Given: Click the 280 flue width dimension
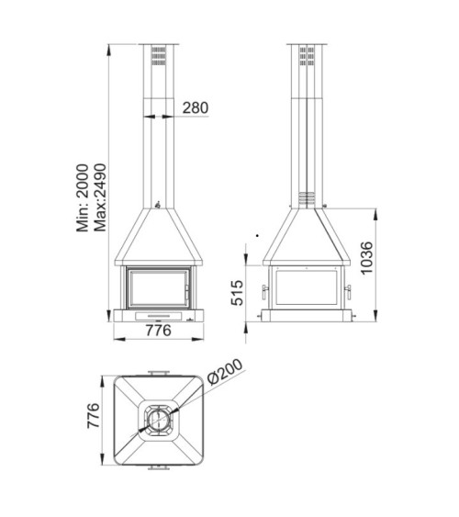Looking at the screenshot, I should [195, 107].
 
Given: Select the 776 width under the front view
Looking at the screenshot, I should [159, 332].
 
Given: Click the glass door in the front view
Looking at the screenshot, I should [159, 286].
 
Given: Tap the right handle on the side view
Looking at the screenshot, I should [348, 292].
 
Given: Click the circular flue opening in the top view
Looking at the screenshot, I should [159, 421].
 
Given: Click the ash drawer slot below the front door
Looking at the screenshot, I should [159, 313].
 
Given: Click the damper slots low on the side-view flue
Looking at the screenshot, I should [306, 197].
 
